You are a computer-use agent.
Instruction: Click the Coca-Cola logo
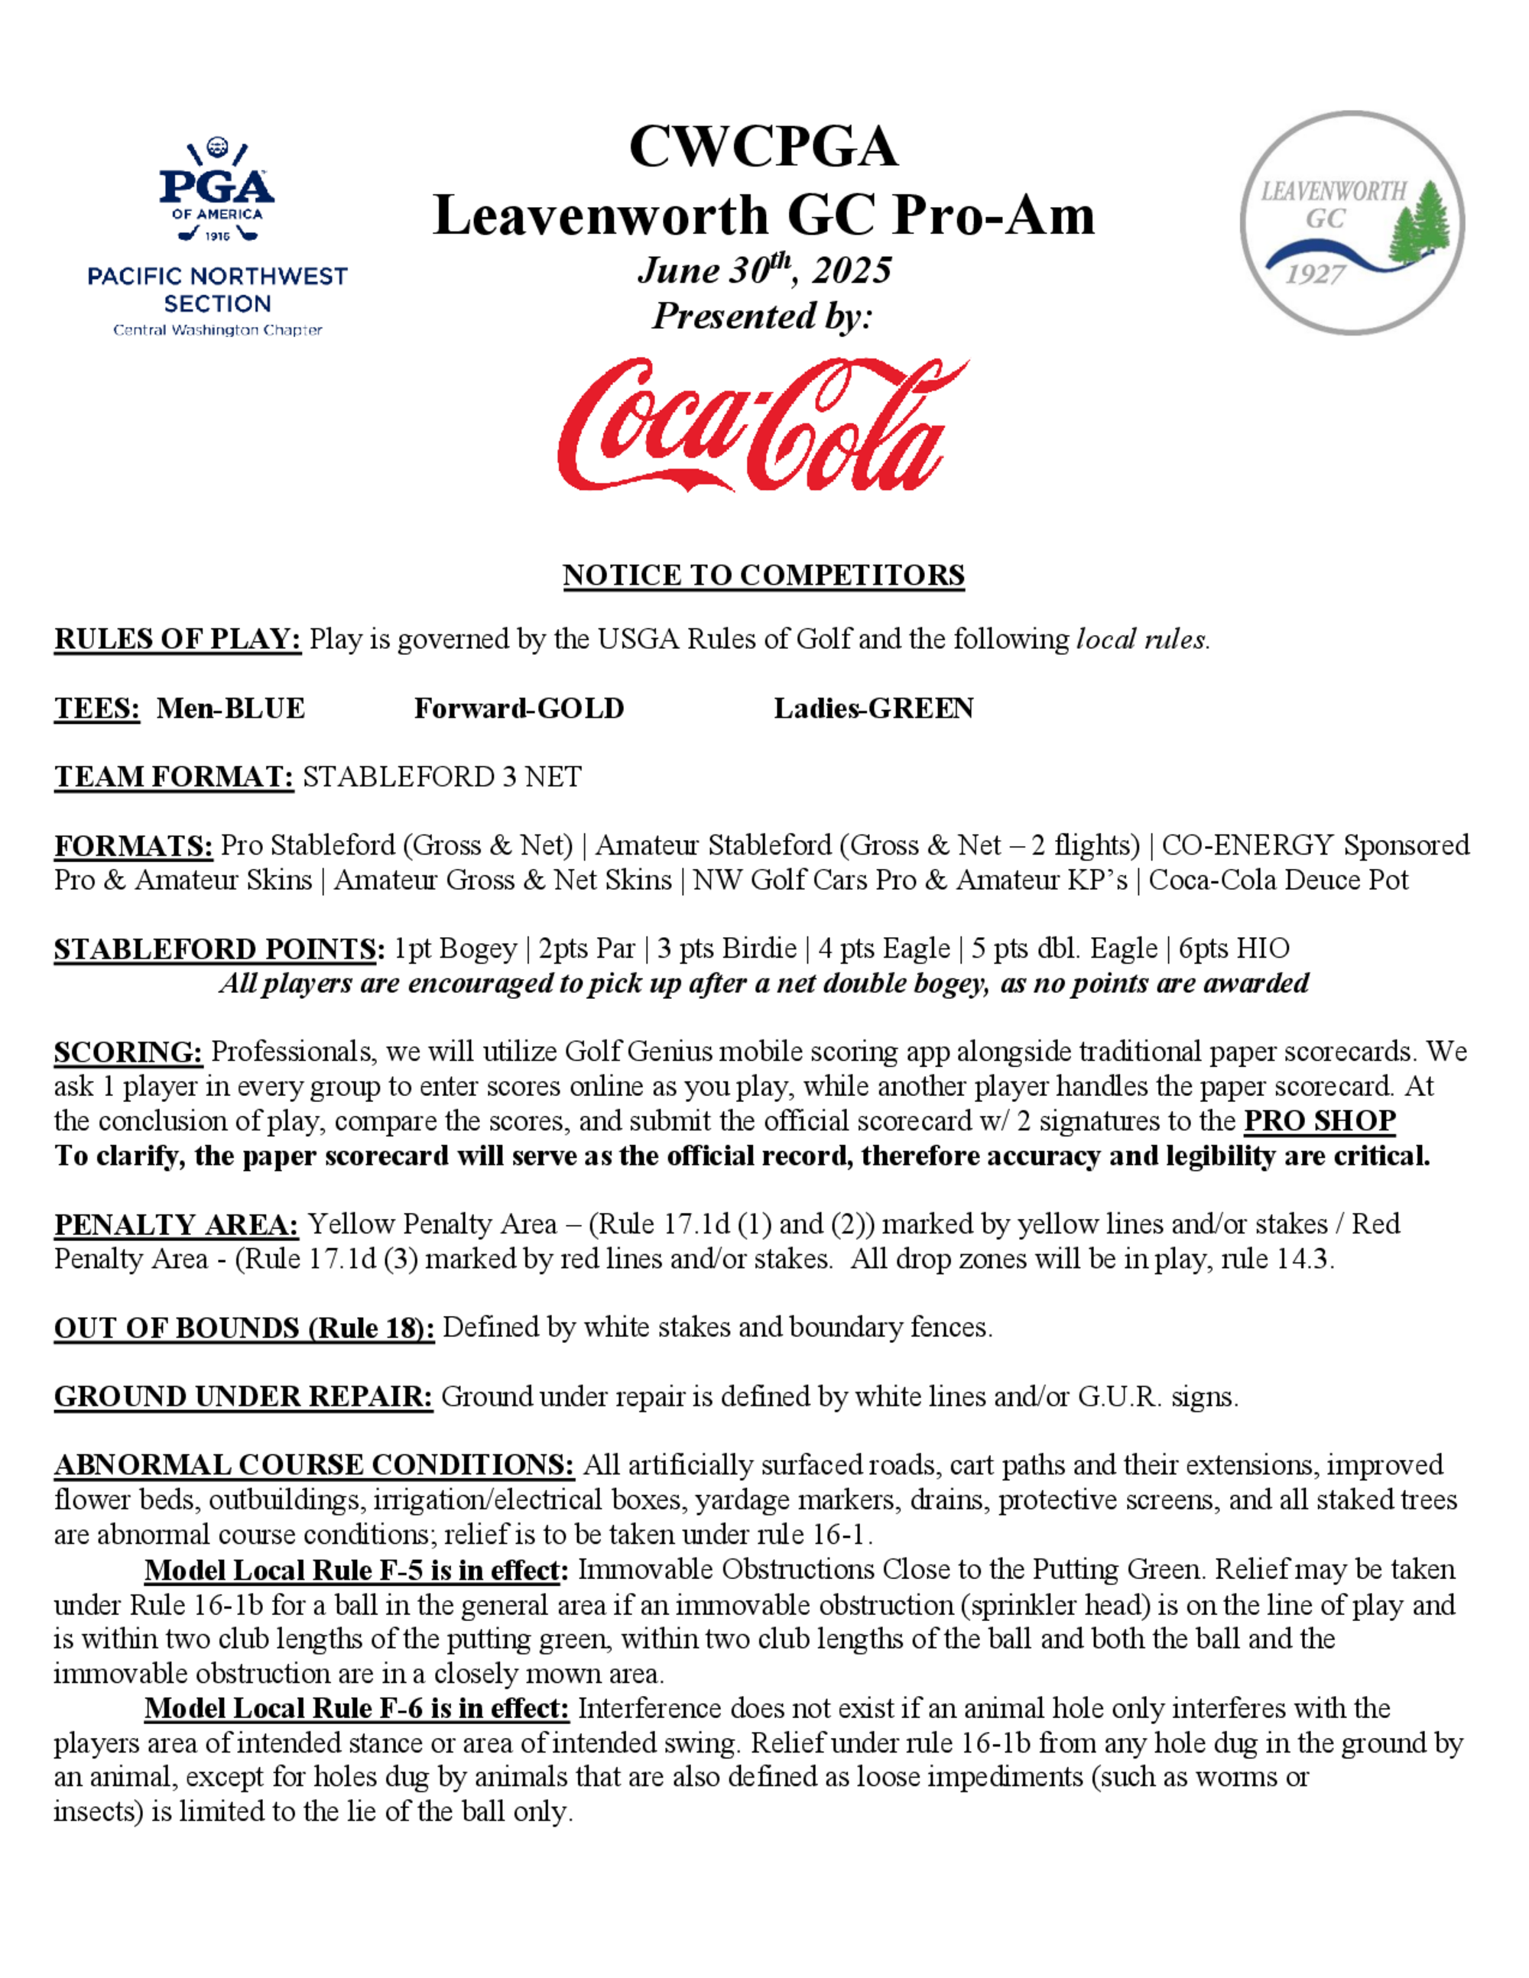[763, 426]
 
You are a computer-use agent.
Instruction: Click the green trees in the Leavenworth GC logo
[1420, 224]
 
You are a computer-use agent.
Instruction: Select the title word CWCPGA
[763, 147]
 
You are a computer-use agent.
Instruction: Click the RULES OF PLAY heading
[177, 640]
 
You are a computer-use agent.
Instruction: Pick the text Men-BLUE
[230, 709]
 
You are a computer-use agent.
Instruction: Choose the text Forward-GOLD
[519, 709]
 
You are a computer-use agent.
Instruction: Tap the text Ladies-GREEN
[873, 709]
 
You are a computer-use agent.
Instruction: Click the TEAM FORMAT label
[174, 777]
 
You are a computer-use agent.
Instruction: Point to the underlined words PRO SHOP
[1319, 1121]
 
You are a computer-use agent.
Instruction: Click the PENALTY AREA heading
[176, 1224]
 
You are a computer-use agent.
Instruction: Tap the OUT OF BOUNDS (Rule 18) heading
[244, 1328]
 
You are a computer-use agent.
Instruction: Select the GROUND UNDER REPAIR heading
[243, 1396]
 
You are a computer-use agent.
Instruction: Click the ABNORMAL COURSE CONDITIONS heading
[313, 1465]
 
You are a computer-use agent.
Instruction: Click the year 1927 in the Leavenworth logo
[1314, 274]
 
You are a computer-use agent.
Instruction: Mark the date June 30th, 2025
[764, 270]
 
